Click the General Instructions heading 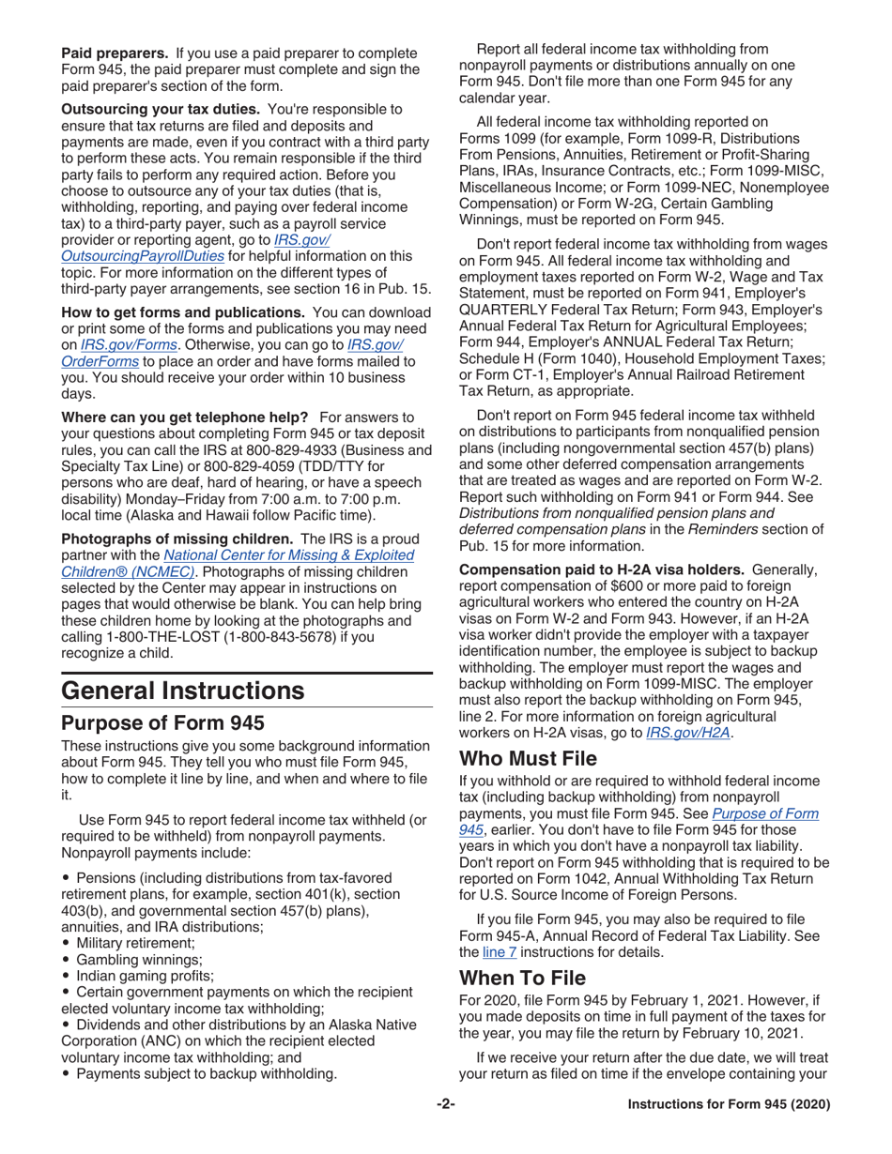[182, 691]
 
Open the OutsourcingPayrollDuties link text [142, 255]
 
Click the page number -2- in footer [445, 1105]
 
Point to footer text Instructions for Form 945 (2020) [729, 1105]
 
